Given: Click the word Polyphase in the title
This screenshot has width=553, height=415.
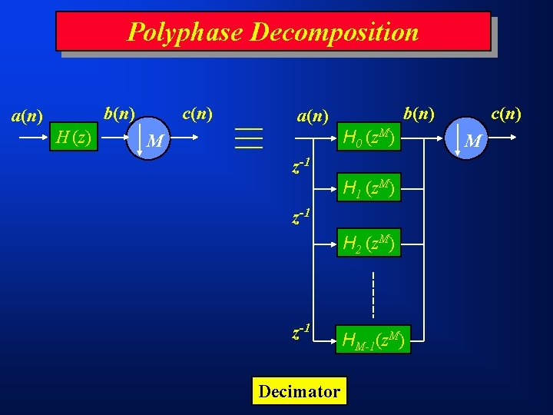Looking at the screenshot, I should pyautogui.click(x=185, y=32).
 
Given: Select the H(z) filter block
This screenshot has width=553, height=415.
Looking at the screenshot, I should pyautogui.click(x=73, y=138).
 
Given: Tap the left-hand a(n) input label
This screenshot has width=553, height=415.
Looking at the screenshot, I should pyautogui.click(x=27, y=116).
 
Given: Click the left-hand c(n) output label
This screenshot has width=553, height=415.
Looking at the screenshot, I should pyautogui.click(x=197, y=114).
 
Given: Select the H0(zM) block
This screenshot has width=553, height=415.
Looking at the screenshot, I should pyautogui.click(x=369, y=138).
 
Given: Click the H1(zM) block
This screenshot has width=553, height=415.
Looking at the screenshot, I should pyautogui.click(x=369, y=188).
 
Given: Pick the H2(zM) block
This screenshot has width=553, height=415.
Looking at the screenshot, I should pyautogui.click(x=369, y=244).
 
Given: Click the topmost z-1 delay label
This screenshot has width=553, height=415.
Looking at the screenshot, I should pyautogui.click(x=301, y=165).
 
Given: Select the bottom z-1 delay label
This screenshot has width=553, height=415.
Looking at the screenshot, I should pyautogui.click(x=301, y=332).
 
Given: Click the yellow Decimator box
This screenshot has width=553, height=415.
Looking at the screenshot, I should pyautogui.click(x=299, y=391).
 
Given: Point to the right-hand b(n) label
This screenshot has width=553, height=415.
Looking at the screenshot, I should pyautogui.click(x=419, y=114).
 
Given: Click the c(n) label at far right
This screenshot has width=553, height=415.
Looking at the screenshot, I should pyautogui.click(x=506, y=114).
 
